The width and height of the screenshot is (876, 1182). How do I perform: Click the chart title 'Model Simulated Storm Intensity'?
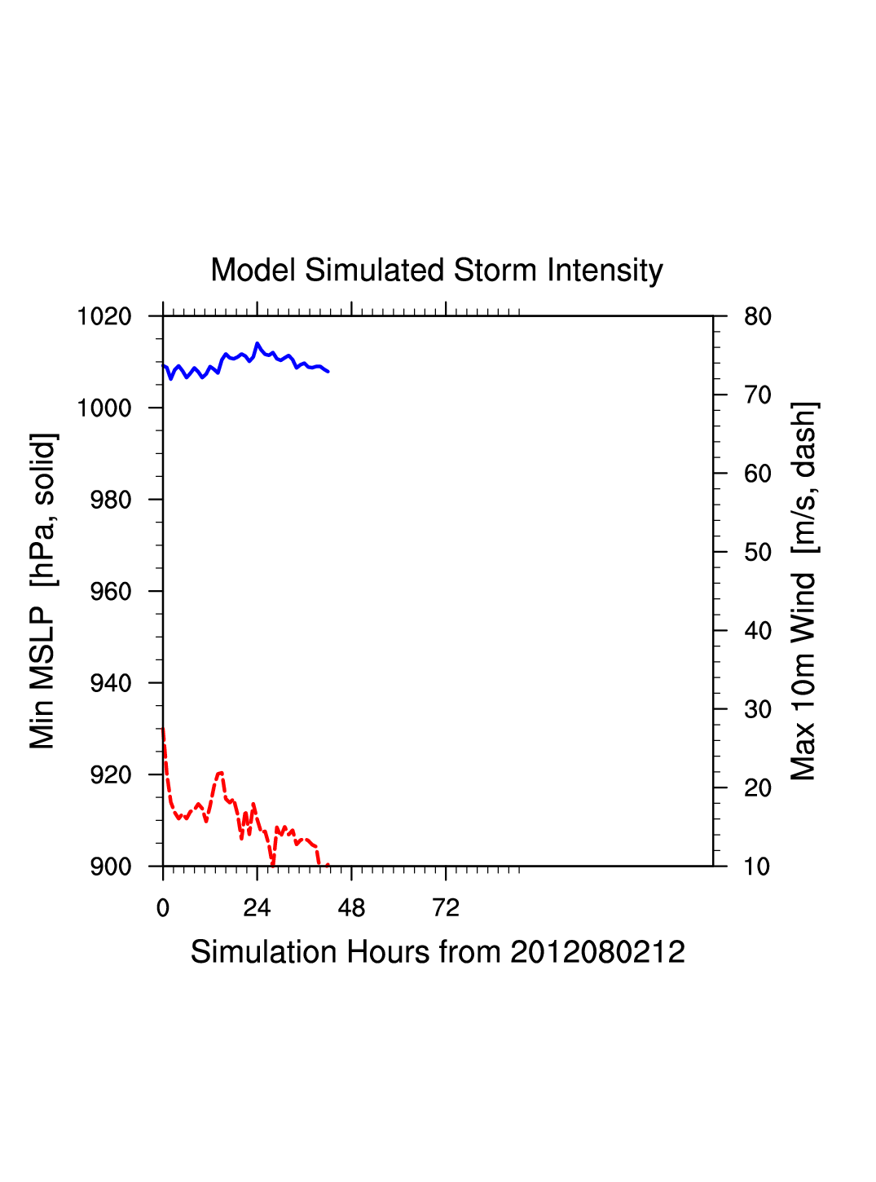pyautogui.click(x=437, y=271)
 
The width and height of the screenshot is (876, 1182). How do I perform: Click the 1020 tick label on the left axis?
pyautogui.click(x=104, y=316)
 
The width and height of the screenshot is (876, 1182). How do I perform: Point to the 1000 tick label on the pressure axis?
pyautogui.click(x=104, y=408)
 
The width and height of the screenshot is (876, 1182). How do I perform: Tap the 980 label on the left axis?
pyautogui.click(x=111, y=500)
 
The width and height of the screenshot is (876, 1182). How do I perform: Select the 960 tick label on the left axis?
pyautogui.click(x=111, y=592)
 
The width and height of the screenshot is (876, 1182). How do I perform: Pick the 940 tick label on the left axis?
pyautogui.click(x=111, y=683)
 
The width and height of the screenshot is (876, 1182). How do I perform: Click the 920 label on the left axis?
pyautogui.click(x=111, y=775)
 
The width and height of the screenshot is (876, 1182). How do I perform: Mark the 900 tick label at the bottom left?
pyautogui.click(x=111, y=867)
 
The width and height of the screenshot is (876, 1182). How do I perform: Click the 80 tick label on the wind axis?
pyautogui.click(x=758, y=316)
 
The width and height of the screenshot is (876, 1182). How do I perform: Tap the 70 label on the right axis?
pyautogui.click(x=758, y=395)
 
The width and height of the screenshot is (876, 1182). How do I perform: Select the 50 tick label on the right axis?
pyautogui.click(x=758, y=553)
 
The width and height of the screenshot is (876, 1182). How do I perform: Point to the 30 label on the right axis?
pyautogui.click(x=758, y=710)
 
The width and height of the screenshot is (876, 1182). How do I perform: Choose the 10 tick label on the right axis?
pyautogui.click(x=758, y=867)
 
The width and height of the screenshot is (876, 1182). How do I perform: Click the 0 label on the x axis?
pyautogui.click(x=163, y=908)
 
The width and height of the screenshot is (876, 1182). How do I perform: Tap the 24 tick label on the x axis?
pyautogui.click(x=257, y=908)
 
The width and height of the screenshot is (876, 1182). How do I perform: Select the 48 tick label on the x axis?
pyautogui.click(x=351, y=908)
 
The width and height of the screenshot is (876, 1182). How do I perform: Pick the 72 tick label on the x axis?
pyautogui.click(x=446, y=908)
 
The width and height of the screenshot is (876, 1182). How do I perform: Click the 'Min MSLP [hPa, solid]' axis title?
pyautogui.click(x=42, y=591)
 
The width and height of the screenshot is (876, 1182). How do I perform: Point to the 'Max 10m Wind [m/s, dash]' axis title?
pyautogui.click(x=803, y=591)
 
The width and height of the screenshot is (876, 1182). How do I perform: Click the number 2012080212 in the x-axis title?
pyautogui.click(x=597, y=952)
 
